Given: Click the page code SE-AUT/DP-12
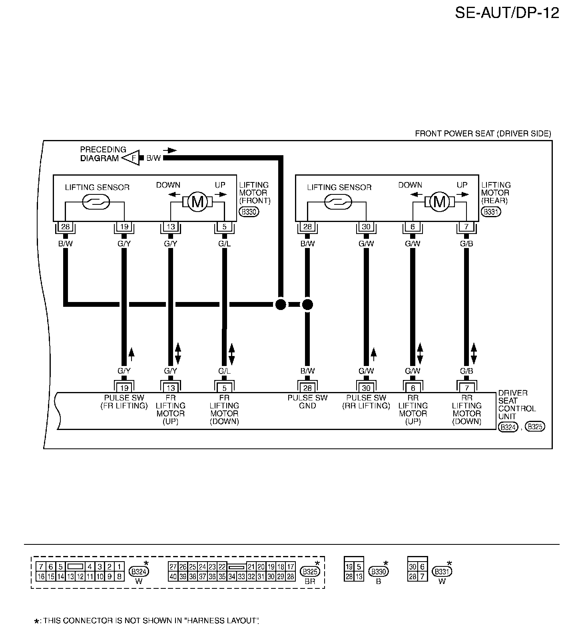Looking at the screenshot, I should (x=507, y=13).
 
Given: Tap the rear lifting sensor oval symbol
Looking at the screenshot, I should (x=338, y=202).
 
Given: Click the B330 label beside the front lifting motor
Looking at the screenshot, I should (x=249, y=212).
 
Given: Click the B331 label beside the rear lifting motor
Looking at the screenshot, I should (x=491, y=212).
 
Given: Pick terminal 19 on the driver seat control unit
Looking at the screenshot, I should (x=124, y=388).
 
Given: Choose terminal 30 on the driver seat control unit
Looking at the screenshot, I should (x=366, y=388).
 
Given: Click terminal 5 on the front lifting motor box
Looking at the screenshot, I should (x=225, y=227).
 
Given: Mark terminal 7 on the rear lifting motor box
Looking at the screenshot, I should (x=466, y=227).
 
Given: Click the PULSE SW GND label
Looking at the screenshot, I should (x=307, y=402).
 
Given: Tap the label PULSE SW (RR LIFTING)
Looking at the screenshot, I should (x=366, y=402).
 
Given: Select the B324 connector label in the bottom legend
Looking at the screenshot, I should (x=139, y=572).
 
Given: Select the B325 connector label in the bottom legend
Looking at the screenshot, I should (x=310, y=572).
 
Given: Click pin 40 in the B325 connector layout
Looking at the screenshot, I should (x=173, y=576).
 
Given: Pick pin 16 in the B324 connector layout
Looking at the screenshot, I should (x=41, y=576).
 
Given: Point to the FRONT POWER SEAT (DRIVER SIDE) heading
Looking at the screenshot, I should (x=483, y=134).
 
